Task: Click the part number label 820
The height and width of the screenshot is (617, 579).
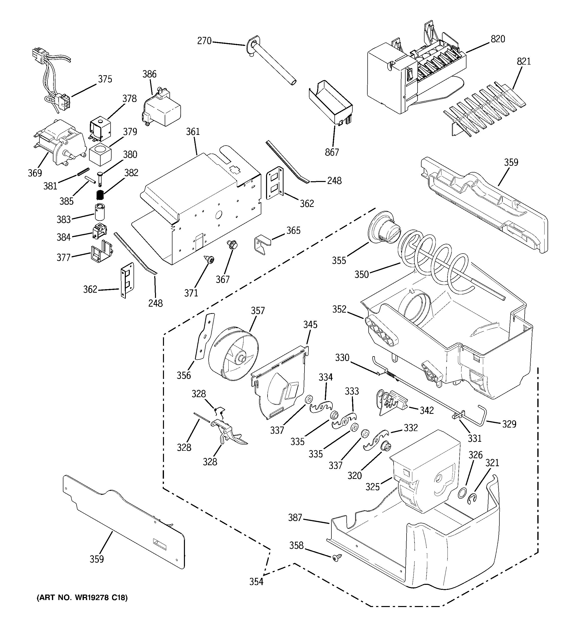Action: pyautogui.click(x=498, y=39)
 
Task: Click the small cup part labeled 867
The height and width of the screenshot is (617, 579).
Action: pyautogui.click(x=331, y=102)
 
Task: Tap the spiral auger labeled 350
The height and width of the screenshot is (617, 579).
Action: pyautogui.click(x=435, y=258)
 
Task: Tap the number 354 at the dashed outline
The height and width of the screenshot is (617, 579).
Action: pyautogui.click(x=256, y=582)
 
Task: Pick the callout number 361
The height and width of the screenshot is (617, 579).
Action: pyautogui.click(x=193, y=132)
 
